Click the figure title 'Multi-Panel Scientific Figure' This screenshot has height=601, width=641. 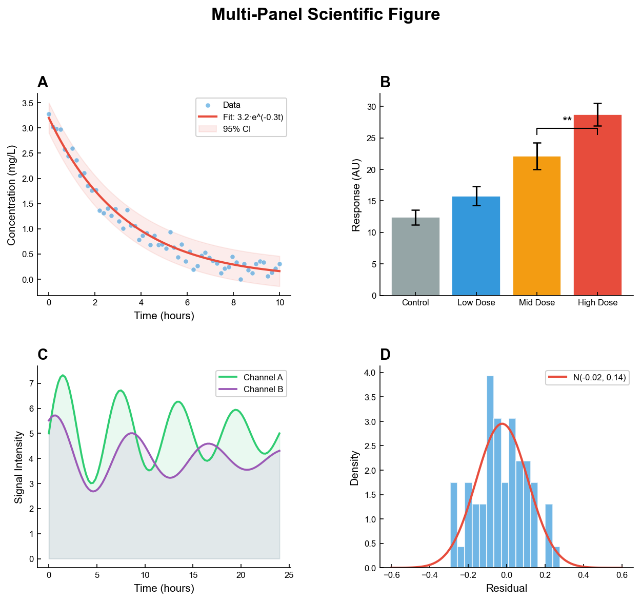(325, 14)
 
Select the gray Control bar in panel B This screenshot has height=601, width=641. (415, 257)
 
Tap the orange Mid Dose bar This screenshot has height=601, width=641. (536, 226)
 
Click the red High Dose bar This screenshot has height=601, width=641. (597, 205)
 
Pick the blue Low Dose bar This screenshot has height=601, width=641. (476, 246)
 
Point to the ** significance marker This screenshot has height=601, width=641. (567, 121)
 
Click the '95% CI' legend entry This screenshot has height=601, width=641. (236, 129)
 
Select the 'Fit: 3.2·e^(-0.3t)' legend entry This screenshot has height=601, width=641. (253, 118)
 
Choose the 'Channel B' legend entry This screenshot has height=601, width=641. (263, 390)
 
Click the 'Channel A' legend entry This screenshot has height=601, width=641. (263, 378)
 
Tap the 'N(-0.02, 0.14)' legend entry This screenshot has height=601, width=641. (599, 378)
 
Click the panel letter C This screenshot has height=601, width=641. (43, 355)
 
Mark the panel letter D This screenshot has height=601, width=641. (385, 355)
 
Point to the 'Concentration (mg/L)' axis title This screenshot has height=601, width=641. (12, 195)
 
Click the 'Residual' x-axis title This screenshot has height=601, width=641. (506, 588)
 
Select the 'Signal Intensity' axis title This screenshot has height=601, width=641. (19, 467)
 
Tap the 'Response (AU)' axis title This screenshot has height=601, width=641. (356, 195)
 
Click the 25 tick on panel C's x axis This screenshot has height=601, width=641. (289, 575)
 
